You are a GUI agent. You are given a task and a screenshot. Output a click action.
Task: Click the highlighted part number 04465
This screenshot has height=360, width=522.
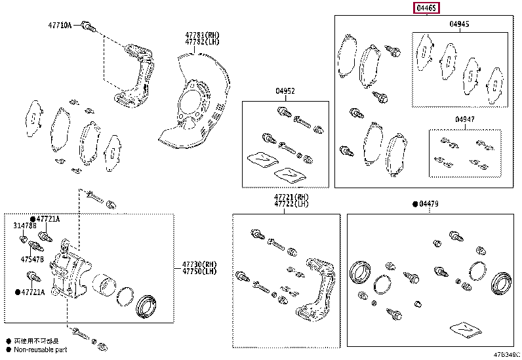[x=426, y=9]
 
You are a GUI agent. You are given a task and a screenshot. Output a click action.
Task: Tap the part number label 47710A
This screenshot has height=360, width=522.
[x=60, y=26]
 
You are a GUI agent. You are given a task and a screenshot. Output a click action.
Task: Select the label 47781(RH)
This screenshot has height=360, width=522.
[x=202, y=34]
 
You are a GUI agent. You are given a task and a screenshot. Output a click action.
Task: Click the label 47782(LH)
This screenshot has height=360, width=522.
[x=202, y=41]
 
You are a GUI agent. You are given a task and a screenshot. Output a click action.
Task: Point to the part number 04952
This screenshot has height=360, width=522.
[x=285, y=91]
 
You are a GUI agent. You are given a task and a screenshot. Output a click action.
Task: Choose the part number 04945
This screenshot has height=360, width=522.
[x=460, y=24]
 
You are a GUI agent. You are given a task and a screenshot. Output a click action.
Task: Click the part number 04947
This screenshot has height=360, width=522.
[x=465, y=119]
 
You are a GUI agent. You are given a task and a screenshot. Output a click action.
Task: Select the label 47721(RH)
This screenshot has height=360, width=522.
[x=292, y=197]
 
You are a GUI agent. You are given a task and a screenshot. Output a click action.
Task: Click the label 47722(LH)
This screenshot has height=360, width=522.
[x=292, y=204]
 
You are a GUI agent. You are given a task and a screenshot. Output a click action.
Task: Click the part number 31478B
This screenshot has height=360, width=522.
[x=25, y=226]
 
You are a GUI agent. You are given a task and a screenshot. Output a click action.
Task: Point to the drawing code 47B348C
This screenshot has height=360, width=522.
[x=507, y=355]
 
